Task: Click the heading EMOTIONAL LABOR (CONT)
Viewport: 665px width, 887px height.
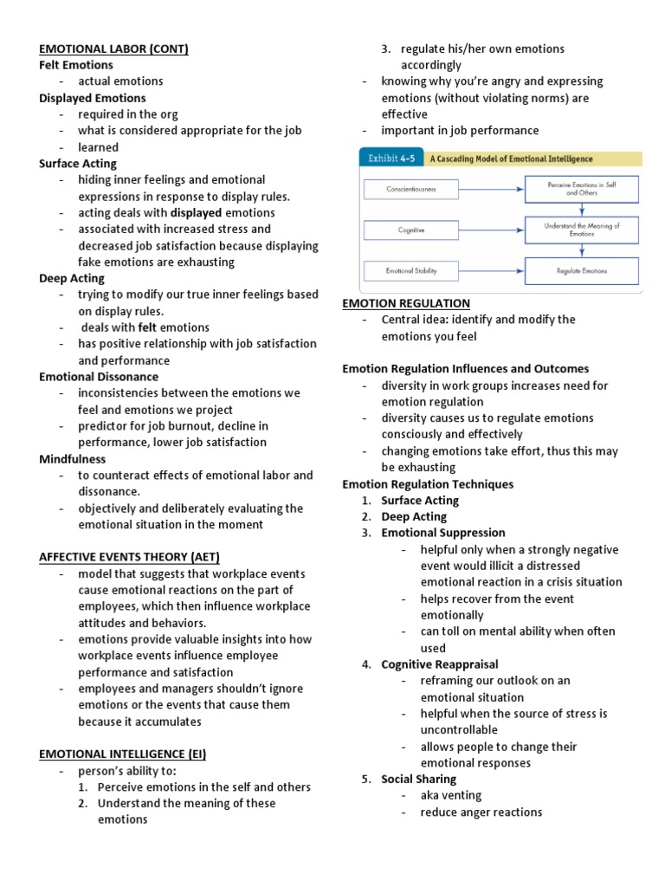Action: pyautogui.click(x=113, y=49)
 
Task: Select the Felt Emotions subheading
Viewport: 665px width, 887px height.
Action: pyautogui.click(x=77, y=65)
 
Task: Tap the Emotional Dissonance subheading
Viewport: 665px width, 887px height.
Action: pyautogui.click(x=99, y=377)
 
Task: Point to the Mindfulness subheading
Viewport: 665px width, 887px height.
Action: pyautogui.click(x=73, y=459)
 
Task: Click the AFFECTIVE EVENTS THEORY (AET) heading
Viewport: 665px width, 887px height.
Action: pyautogui.click(x=135, y=557)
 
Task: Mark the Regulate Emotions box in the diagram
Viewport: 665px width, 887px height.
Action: pyautogui.click(x=581, y=271)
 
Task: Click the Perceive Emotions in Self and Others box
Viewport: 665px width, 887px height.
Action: pyautogui.click(x=581, y=188)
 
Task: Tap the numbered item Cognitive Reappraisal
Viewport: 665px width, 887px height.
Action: pyautogui.click(x=440, y=664)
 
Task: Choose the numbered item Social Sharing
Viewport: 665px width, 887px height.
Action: pyautogui.click(x=418, y=779)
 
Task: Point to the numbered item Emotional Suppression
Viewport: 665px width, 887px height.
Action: pyautogui.click(x=443, y=533)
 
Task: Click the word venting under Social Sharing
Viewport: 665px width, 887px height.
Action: pyautogui.click(x=461, y=795)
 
